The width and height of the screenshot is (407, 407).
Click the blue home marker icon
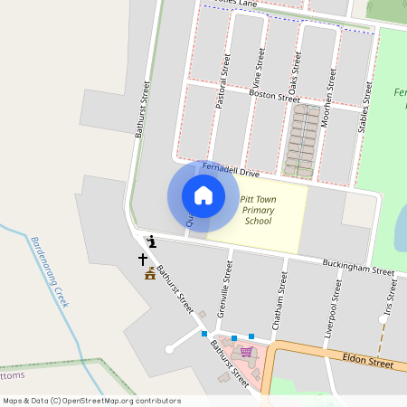(x=203, y=195)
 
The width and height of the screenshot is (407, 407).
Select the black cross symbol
(x=142, y=260)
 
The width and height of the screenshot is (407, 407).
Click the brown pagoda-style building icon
(x=149, y=273)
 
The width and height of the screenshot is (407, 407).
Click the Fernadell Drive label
(x=230, y=170)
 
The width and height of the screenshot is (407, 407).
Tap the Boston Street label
(x=274, y=96)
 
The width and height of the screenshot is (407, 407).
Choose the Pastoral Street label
(x=222, y=81)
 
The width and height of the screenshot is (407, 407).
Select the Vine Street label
(x=259, y=71)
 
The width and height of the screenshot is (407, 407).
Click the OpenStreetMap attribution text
(x=91, y=401)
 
